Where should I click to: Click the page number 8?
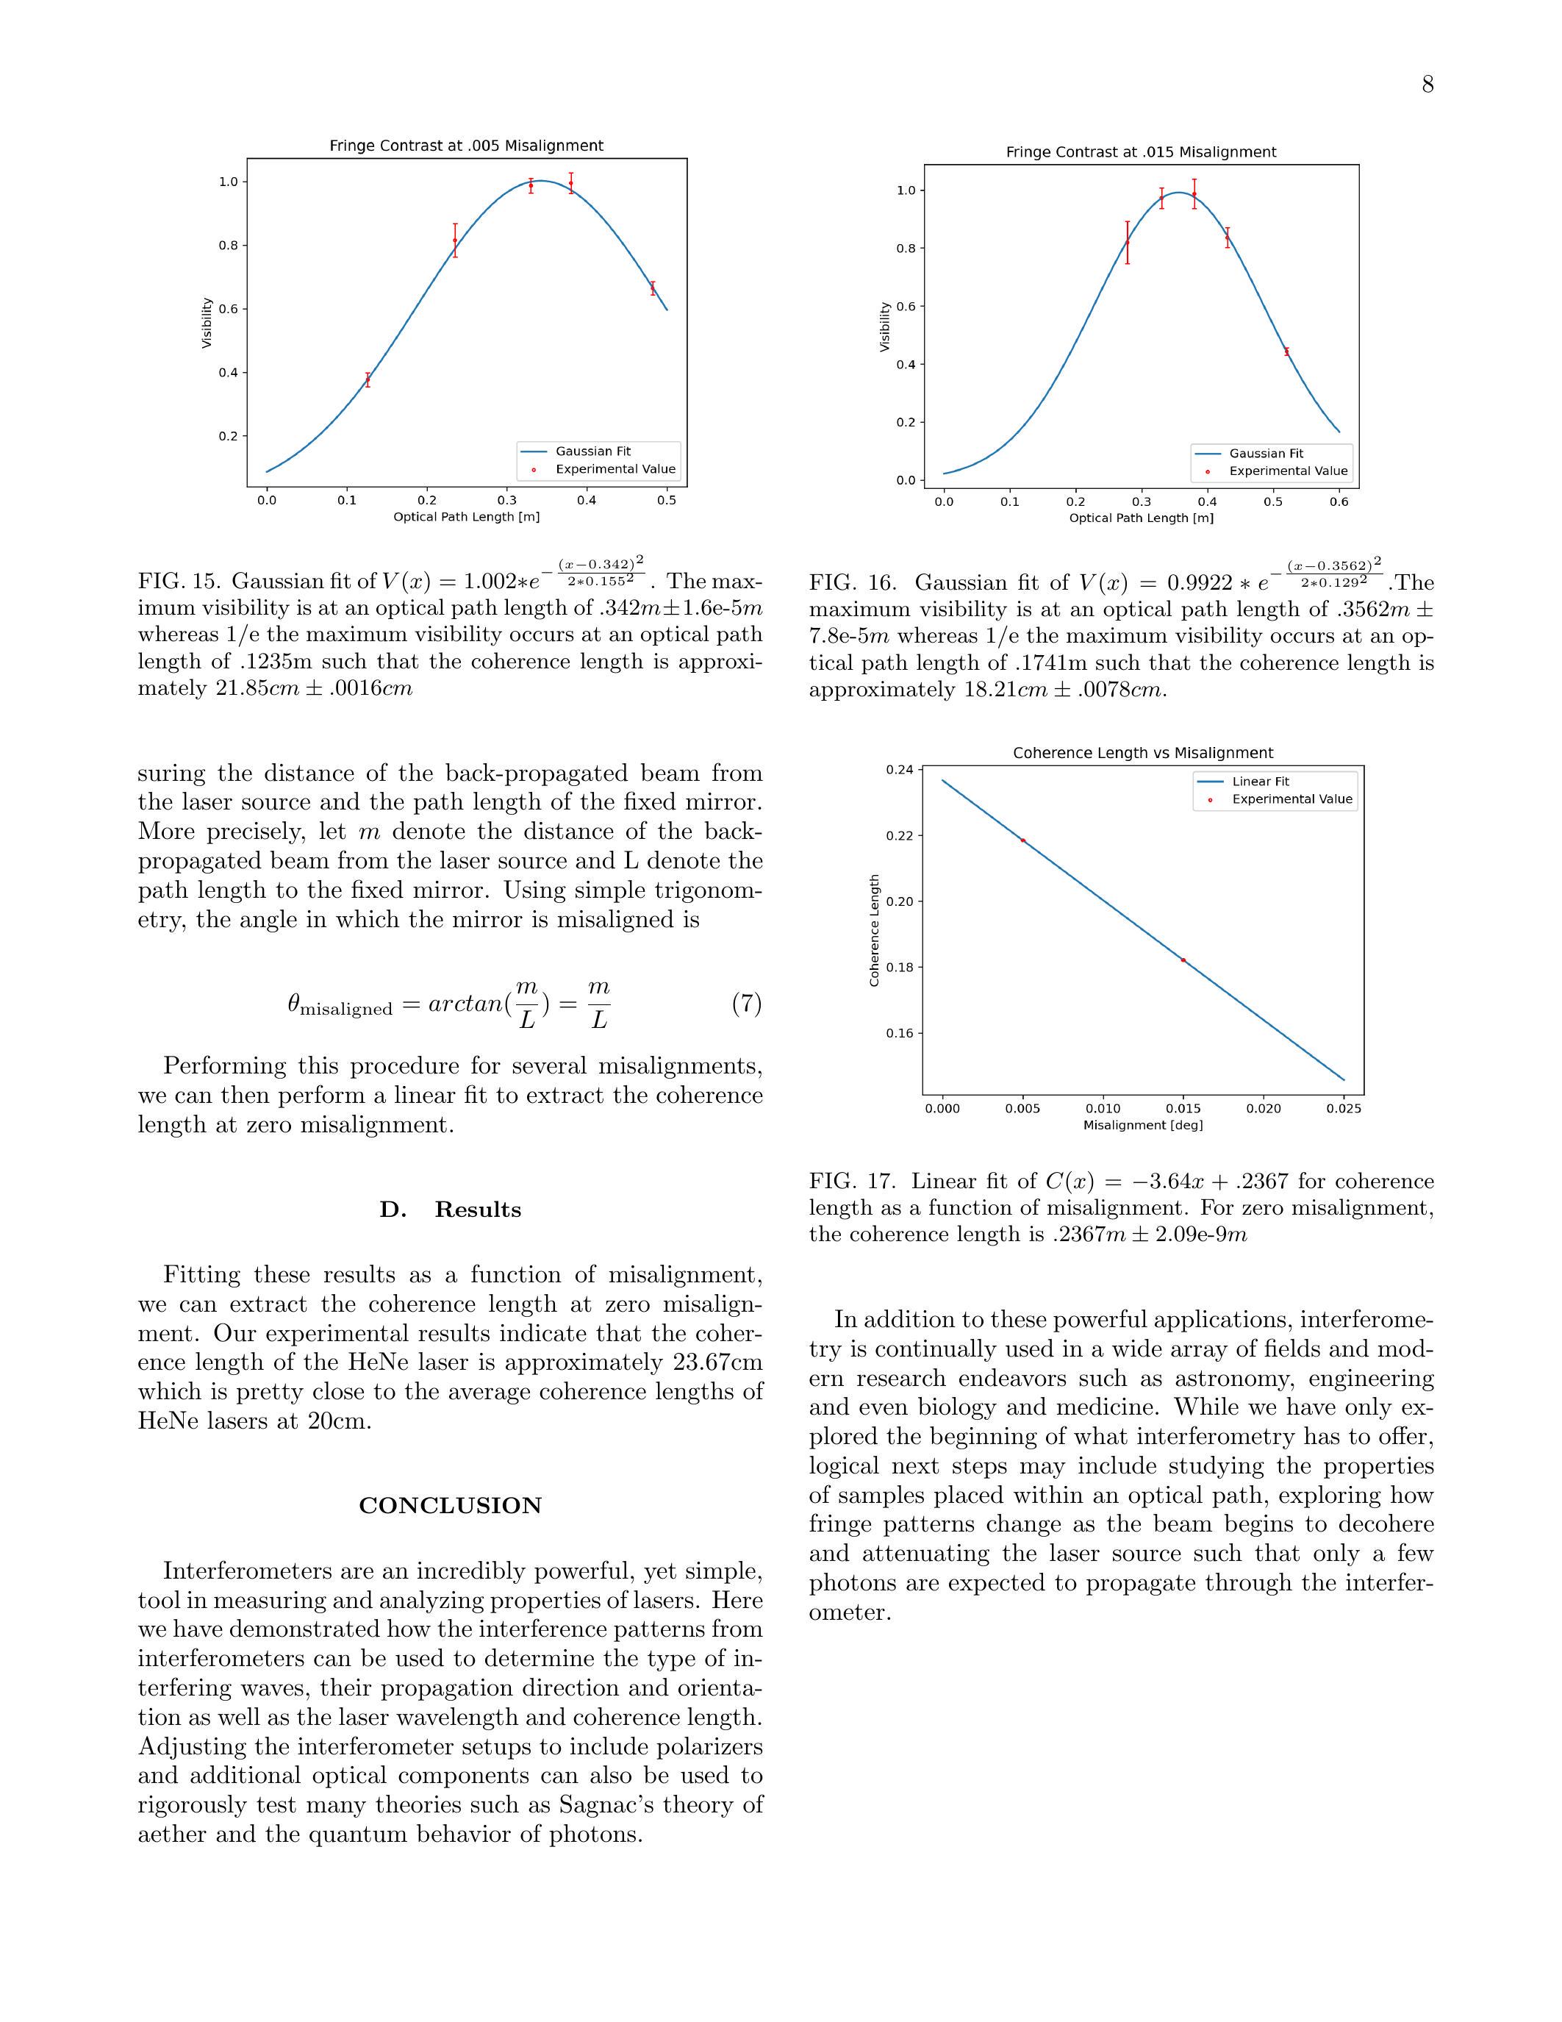[1427, 85]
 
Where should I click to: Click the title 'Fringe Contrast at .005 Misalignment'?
[466, 146]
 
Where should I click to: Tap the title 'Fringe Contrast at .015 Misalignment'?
[1141, 153]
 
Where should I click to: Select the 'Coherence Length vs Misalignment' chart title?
[1143, 754]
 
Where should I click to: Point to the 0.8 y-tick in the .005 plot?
[228, 246]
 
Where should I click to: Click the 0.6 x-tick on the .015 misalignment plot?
[1339, 501]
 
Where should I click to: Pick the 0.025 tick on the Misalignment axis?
[1344, 1108]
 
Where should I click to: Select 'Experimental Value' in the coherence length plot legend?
[1291, 799]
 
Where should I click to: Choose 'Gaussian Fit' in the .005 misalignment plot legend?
[592, 451]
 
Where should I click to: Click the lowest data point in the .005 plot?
[368, 379]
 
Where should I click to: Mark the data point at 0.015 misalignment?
[1183, 960]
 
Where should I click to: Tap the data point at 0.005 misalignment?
[1022, 840]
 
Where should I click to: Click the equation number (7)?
[746, 1004]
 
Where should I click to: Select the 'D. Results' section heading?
[450, 1210]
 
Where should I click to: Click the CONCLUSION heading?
[450, 1505]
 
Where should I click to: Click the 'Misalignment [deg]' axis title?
[1143, 1125]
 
